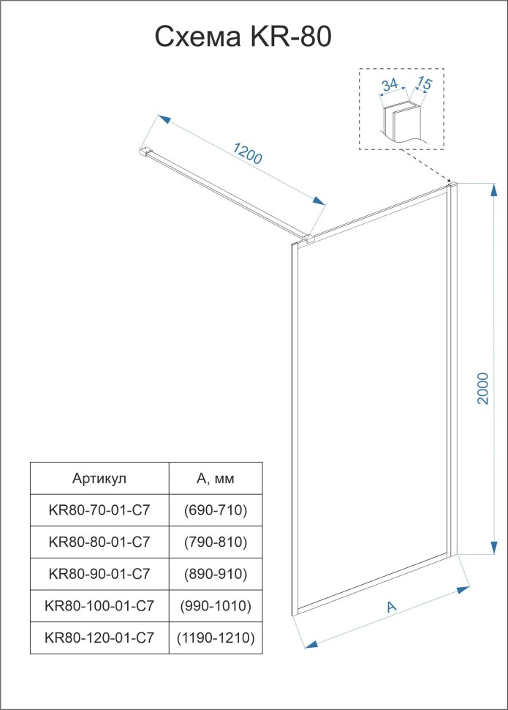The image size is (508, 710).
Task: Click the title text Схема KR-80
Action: point(243,37)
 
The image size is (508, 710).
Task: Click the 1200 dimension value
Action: point(247,152)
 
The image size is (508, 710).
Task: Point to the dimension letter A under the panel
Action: point(392,606)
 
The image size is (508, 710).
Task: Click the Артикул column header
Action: point(99,479)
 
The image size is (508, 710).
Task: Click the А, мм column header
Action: point(216,479)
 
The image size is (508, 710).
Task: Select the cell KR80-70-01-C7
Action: point(99,509)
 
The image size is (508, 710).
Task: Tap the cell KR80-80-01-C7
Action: point(99,542)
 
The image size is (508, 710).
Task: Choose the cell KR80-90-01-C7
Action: point(99,574)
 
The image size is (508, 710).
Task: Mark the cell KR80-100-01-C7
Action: point(99,606)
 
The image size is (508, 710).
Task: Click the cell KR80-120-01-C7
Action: point(99,638)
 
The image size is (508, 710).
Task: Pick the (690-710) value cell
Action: point(216,509)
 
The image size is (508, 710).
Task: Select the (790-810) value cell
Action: point(216,542)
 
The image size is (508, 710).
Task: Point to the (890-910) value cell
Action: point(216,574)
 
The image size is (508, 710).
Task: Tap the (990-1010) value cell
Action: point(216,606)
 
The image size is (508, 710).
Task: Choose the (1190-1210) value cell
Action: point(216,638)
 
